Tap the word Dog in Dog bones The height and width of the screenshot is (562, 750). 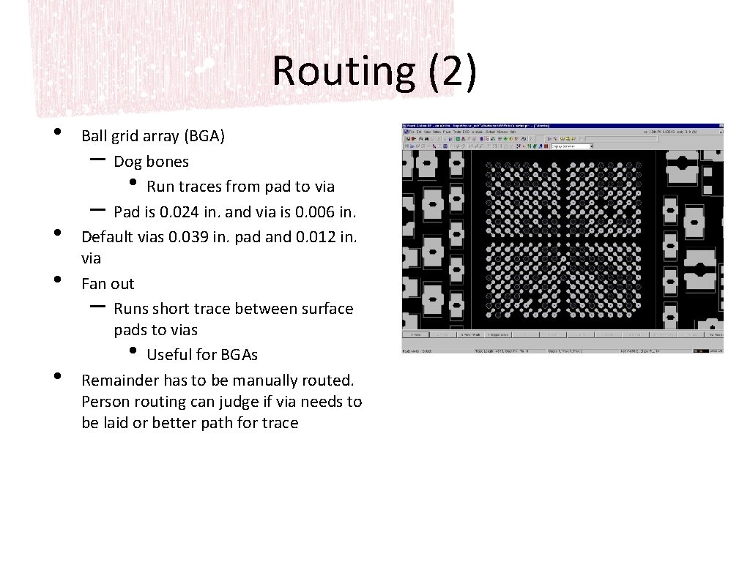pyautogui.click(x=127, y=162)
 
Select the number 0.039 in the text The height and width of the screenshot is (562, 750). pyautogui.click(x=193, y=237)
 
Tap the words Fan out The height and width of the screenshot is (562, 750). pyautogui.click(x=108, y=284)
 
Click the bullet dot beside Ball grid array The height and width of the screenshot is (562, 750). pyautogui.click(x=57, y=134)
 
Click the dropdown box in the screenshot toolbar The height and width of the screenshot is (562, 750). pyautogui.click(x=571, y=146)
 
